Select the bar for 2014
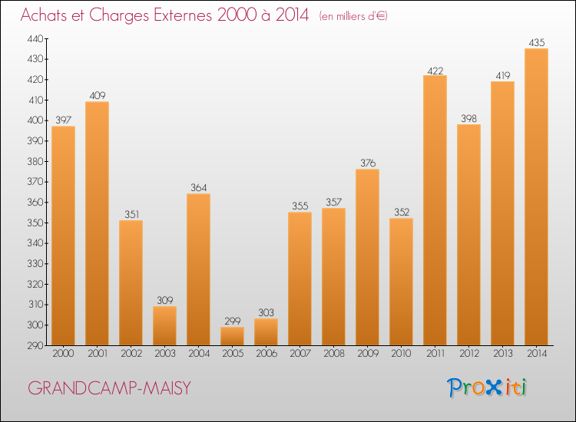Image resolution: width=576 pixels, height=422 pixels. (536, 197)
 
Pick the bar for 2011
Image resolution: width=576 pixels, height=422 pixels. (435, 210)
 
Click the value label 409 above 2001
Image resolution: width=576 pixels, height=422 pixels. (97, 96)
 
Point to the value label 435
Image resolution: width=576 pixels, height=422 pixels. (536, 43)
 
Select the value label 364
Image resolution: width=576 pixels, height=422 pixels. (198, 188)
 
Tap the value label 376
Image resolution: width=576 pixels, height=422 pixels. (367, 163)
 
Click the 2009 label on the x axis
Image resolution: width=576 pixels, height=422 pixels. (367, 353)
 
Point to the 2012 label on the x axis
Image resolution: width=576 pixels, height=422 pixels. (468, 353)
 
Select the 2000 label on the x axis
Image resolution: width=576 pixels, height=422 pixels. (63, 353)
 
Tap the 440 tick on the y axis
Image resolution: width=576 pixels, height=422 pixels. (35, 38)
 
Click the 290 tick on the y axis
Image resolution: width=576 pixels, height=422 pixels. (35, 345)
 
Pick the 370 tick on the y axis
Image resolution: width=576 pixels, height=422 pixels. (35, 182)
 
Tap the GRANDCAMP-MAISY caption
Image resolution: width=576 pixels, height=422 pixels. (110, 388)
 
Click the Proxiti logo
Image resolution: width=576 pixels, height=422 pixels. (486, 387)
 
